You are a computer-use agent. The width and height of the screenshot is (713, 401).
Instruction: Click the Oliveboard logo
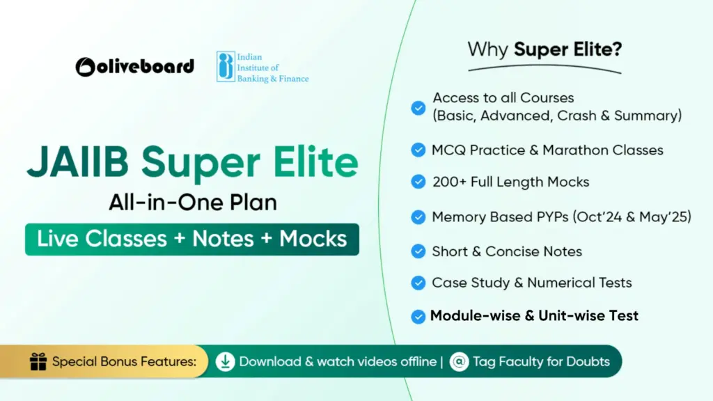134,66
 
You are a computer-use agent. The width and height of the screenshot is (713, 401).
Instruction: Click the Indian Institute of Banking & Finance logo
262,67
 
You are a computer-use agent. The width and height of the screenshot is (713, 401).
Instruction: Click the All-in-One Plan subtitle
192,203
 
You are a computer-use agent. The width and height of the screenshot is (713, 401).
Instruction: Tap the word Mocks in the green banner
313,239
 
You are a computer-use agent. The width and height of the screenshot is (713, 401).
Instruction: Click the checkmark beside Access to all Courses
418,107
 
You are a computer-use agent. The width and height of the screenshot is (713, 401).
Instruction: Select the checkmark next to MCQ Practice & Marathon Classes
418,150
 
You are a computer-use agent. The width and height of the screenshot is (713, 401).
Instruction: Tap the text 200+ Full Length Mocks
510,182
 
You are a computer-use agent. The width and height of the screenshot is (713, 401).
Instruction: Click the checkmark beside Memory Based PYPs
418,217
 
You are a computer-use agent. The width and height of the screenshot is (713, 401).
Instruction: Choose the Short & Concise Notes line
507,251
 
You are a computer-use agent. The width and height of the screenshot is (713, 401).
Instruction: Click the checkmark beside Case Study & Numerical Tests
418,283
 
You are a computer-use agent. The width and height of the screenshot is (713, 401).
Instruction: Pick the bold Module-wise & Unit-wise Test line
534,316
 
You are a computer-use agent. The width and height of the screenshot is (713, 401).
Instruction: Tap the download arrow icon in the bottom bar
225,362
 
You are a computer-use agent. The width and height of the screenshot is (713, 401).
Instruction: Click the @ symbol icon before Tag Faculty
459,362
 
